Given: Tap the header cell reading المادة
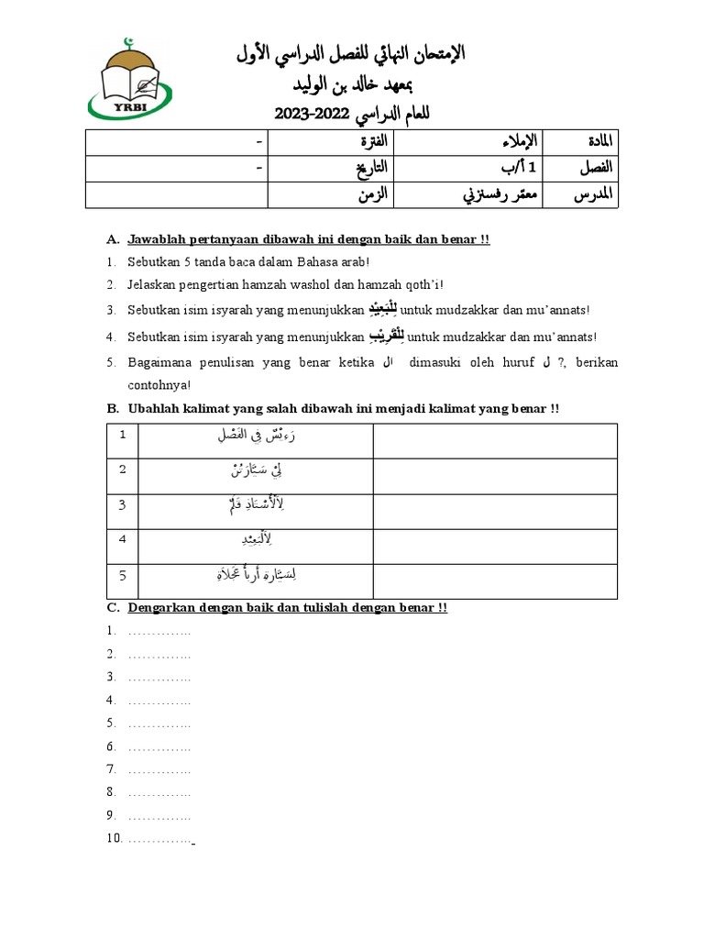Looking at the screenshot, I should click(x=597, y=143).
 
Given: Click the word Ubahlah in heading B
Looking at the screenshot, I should click(x=153, y=408).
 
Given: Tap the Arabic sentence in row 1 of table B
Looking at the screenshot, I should click(x=256, y=436).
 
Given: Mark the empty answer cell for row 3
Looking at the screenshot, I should click(x=495, y=511).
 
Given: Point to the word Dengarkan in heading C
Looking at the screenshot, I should click(x=162, y=608).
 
